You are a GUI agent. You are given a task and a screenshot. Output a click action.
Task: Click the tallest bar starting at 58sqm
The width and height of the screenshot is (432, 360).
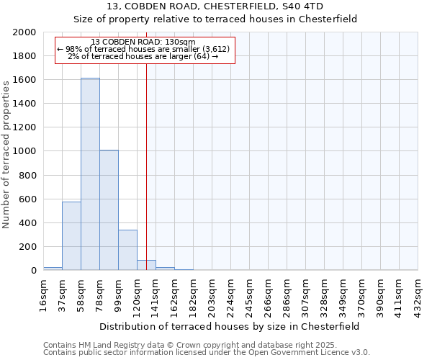coord(90,174)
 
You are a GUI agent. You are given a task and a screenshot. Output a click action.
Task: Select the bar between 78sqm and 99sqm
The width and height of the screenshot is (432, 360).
coord(109,210)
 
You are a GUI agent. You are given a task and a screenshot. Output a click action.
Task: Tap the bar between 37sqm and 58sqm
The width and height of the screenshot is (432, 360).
coord(71,236)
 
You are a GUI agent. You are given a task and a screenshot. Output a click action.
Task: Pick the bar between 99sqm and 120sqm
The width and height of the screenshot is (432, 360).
coord(127,250)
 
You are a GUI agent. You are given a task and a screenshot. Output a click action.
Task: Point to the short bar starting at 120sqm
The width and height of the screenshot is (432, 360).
coord(146,265)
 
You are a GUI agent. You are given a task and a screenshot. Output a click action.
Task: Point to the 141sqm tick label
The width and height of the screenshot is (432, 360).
coord(156,296)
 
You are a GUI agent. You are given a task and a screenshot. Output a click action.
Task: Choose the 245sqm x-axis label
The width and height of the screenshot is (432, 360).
coord(249,296)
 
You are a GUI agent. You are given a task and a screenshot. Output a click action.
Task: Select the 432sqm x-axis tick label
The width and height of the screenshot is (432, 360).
coord(418,296)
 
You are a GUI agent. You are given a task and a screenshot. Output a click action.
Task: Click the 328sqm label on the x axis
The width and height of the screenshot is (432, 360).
coord(324,296)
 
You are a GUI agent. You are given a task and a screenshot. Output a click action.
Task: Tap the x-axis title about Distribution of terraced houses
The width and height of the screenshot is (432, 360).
coord(230,326)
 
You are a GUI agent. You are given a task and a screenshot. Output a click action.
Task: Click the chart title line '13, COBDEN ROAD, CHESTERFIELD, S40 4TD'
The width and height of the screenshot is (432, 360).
coord(215,7)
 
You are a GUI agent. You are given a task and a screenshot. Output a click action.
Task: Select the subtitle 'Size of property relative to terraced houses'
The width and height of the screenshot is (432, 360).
coord(215,19)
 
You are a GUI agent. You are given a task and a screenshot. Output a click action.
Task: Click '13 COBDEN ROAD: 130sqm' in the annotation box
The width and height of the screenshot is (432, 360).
coord(143,42)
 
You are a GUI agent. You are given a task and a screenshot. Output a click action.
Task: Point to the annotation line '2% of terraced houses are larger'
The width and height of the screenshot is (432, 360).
coord(143,56)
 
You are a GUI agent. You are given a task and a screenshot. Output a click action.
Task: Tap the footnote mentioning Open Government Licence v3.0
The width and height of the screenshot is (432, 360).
coord(207,353)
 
